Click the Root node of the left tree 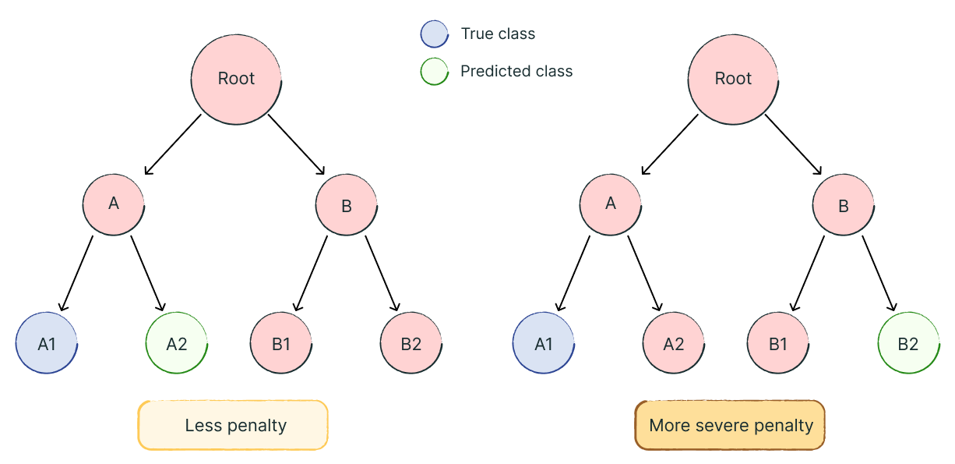(236, 79)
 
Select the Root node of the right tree (733, 79)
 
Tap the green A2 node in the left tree (177, 344)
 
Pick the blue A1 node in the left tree (47, 344)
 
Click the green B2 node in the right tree (907, 344)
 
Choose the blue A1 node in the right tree (544, 344)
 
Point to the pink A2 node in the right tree (674, 344)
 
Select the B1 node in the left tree (281, 344)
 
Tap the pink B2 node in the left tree (411, 344)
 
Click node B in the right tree (844, 206)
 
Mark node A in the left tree (114, 204)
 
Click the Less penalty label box (233, 425)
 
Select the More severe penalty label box (730, 425)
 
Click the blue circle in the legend (434, 34)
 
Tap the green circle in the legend (434, 71)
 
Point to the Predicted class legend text (516, 71)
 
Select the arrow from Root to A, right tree (670, 145)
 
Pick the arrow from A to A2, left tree (147, 273)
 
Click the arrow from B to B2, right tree (879, 273)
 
